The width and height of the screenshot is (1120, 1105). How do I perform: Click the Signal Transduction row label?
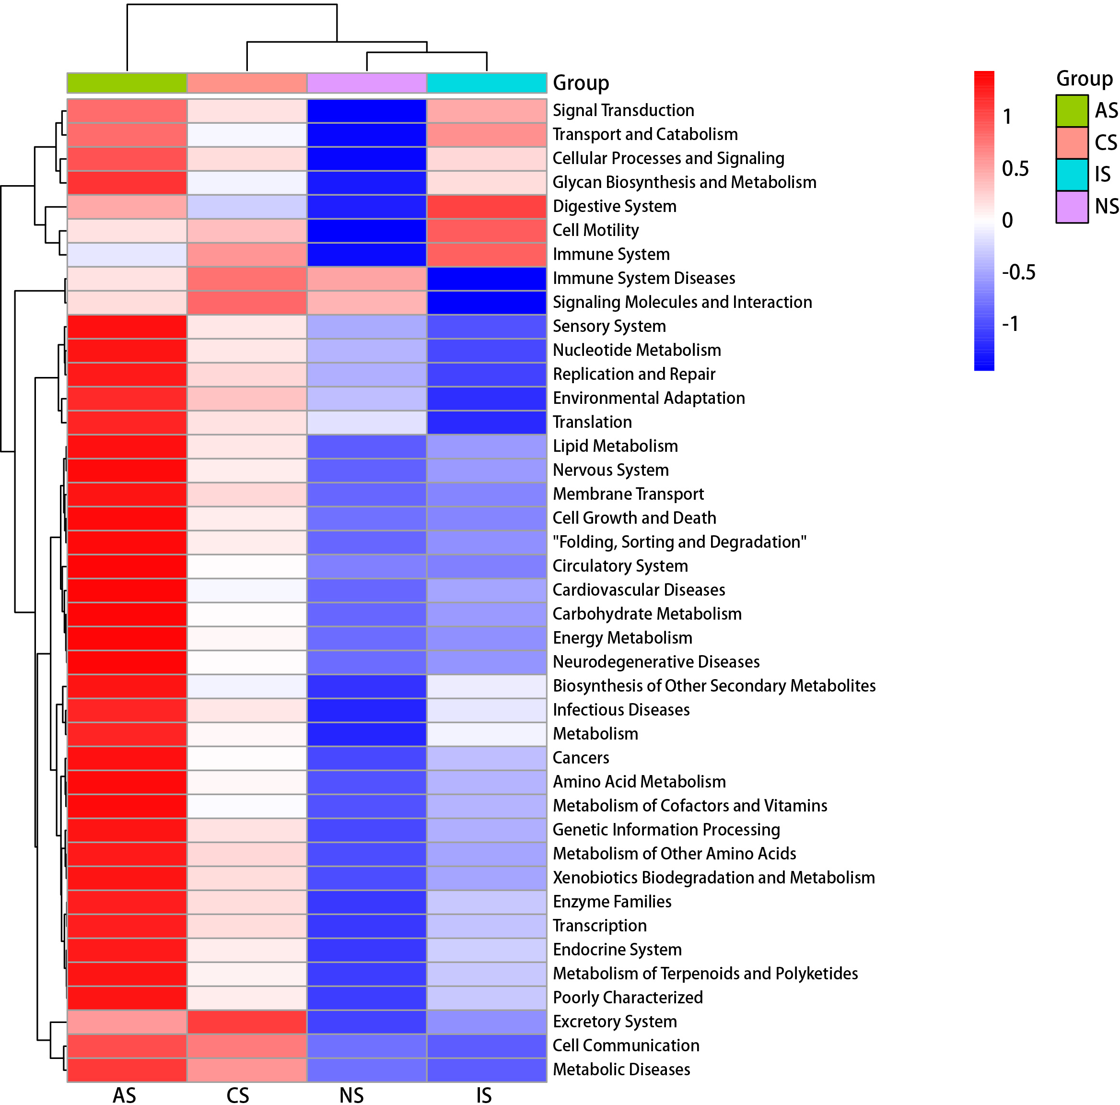623,110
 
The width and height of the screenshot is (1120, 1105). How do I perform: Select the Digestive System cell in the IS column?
486,206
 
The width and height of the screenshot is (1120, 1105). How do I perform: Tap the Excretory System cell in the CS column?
247,1021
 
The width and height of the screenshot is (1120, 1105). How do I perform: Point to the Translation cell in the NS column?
366,422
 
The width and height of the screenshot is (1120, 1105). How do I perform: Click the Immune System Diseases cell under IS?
486,278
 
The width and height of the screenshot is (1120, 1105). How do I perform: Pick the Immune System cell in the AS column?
127,255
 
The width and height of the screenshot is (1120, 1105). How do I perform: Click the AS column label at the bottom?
125,1095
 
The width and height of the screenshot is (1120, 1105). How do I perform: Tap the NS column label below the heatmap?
351,1095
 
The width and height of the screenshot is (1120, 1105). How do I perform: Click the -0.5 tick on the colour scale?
1018,272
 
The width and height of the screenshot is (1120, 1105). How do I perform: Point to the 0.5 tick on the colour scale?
1015,169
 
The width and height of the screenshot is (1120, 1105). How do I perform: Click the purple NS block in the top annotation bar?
366,83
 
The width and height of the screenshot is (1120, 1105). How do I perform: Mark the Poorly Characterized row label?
627,997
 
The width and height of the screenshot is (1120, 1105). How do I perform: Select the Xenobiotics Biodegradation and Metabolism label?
713,877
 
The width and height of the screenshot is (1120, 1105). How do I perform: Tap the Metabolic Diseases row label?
621,1069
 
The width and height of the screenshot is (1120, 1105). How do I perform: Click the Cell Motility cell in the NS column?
366,231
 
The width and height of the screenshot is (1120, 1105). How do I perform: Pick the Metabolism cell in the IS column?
486,733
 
